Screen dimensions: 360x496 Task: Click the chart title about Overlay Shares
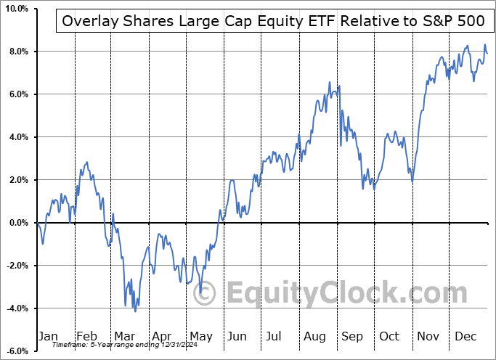click(x=273, y=21)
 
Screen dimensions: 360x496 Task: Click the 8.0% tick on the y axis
click(x=16, y=52)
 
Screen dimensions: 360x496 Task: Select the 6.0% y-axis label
click(x=16, y=94)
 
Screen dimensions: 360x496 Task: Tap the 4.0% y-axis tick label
click(x=16, y=137)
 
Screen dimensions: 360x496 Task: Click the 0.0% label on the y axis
click(x=16, y=223)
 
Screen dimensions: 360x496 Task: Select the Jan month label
click(x=47, y=336)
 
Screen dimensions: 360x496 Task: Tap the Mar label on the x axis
click(x=124, y=336)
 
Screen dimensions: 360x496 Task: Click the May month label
click(x=200, y=336)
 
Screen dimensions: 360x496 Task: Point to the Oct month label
click(x=390, y=336)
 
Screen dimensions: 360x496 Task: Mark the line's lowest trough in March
click(x=135, y=311)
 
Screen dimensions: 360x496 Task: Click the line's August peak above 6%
click(x=330, y=83)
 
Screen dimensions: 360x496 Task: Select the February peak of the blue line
click(x=87, y=163)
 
